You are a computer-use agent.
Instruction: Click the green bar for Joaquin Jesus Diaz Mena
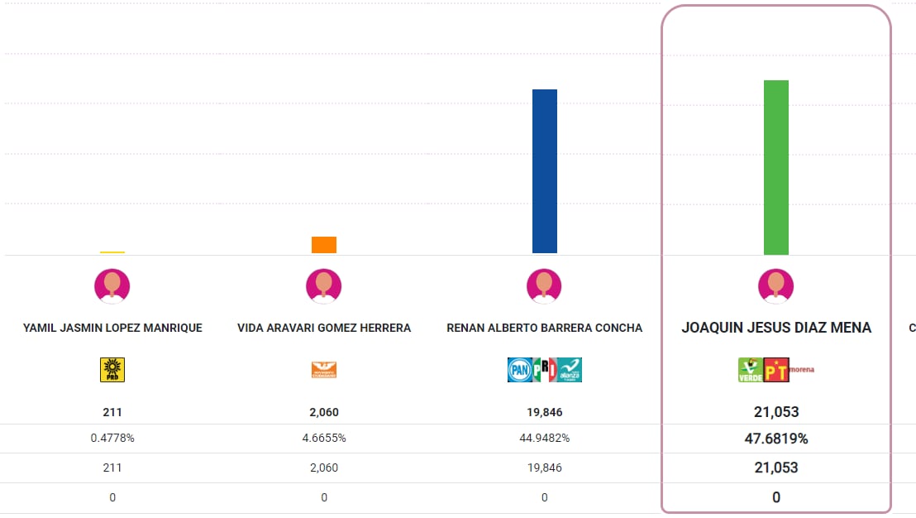tap(775, 167)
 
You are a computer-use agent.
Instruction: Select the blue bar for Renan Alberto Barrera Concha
tap(544, 170)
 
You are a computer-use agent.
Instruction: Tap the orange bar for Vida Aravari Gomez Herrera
tap(323, 245)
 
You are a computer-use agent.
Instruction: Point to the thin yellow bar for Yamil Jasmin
tap(112, 252)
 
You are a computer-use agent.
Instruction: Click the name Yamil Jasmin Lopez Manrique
tap(112, 328)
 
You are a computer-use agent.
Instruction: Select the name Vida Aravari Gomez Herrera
tap(323, 328)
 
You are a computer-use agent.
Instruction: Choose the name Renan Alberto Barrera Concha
tap(544, 328)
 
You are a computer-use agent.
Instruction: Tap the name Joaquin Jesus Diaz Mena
tap(775, 328)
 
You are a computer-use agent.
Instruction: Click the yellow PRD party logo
tap(112, 370)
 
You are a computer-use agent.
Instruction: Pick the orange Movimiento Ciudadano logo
tap(323, 370)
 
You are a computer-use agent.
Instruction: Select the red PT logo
tap(775, 370)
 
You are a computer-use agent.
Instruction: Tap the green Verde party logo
tap(750, 370)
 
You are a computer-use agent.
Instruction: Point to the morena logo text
tap(801, 369)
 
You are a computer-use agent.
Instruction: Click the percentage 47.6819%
tap(775, 439)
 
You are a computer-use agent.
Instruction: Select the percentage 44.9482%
tap(544, 438)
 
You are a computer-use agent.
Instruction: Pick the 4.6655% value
tap(323, 438)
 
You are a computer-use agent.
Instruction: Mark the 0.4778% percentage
tap(112, 438)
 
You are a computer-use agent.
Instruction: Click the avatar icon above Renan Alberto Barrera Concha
tap(544, 286)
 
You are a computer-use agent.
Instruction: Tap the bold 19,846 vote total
tap(544, 412)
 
